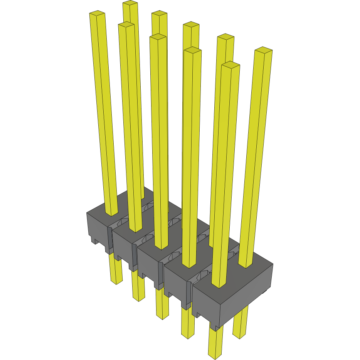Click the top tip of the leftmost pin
tap(98, 14)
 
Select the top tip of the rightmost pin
tap(264, 50)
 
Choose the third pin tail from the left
tap(162, 304)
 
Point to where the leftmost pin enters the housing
tap(111, 213)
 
